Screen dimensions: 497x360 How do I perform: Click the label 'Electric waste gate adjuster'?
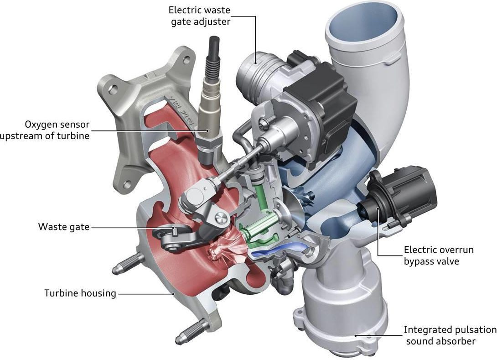(x=199, y=16)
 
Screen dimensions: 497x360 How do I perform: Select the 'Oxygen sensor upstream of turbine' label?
(x=45, y=130)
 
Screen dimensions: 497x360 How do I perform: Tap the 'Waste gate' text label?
(x=64, y=227)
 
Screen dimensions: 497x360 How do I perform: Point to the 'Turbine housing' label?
(x=80, y=293)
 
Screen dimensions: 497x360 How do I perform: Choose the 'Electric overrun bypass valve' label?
(x=439, y=256)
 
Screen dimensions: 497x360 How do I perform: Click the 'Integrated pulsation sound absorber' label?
(x=450, y=335)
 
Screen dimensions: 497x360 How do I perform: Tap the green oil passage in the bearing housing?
(x=260, y=222)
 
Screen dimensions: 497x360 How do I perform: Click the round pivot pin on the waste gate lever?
(x=221, y=218)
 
